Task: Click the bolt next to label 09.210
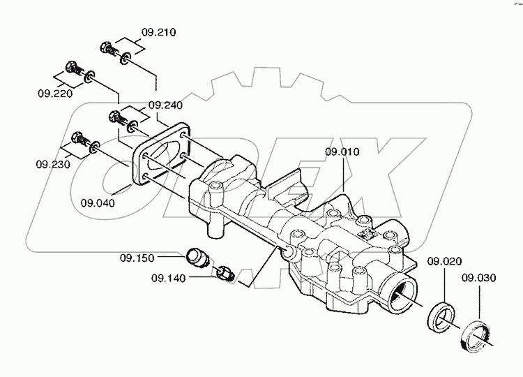[x=109, y=50]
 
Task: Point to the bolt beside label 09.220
[x=72, y=69]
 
